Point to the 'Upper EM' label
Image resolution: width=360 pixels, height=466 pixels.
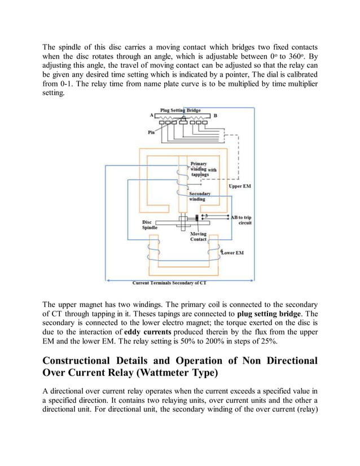[240, 186]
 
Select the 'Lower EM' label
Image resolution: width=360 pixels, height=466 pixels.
[232, 252]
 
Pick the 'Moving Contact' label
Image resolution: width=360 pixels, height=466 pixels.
[198, 236]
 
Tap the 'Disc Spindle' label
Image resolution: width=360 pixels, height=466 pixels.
[150, 225]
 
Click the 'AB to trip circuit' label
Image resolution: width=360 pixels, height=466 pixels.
[242, 219]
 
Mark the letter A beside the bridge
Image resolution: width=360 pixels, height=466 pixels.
[151, 115]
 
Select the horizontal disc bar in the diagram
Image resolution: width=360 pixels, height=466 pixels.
[169, 223]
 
